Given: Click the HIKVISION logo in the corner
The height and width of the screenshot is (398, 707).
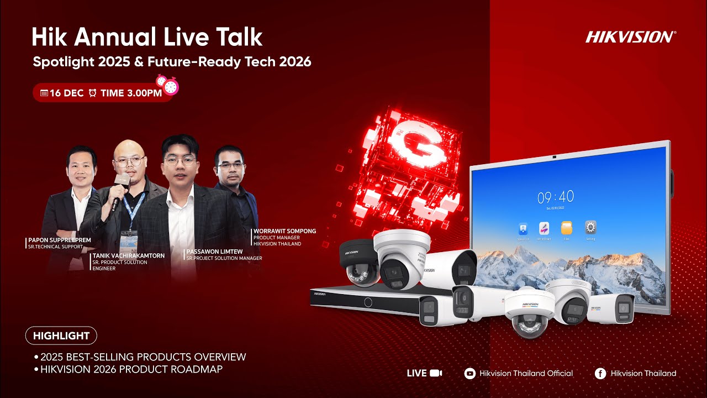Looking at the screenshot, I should pos(630,37).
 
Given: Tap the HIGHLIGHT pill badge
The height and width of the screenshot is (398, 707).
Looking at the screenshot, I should pos(61,336).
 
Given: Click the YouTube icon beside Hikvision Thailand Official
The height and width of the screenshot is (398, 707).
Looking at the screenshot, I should pos(470,373).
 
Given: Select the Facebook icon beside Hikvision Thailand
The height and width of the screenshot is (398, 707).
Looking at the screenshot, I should pos(600,373).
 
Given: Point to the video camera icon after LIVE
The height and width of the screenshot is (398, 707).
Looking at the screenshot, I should pos(436,373).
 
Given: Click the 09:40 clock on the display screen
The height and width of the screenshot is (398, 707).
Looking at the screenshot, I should pos(556,196).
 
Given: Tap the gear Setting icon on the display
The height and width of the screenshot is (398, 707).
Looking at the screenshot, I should pos(590,228).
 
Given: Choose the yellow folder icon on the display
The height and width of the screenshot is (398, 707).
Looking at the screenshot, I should pos(567,228).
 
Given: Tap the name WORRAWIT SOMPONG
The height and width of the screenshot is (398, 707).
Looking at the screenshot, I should pos(284,231).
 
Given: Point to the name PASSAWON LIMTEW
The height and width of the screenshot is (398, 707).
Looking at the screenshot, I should pos(215,252).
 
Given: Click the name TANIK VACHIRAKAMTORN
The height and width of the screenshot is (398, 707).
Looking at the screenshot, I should pos(128,255).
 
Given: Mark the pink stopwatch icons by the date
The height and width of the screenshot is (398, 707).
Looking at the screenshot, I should pos(168,84).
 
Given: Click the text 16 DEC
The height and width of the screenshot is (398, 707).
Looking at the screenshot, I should pos(66,93).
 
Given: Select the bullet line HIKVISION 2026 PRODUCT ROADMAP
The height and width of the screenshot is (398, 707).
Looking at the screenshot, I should pos(131,369).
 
